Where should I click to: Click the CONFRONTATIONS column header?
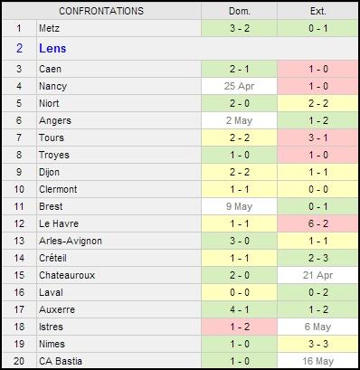100,11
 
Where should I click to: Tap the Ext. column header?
317,11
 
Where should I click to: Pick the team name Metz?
51,28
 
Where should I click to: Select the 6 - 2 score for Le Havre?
317,223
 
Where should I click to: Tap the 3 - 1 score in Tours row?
317,138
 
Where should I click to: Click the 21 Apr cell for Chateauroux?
317,275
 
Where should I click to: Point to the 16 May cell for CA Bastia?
317,361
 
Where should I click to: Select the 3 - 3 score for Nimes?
317,344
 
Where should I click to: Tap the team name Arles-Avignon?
71,241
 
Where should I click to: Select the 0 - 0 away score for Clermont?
317,189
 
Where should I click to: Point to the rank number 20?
19,361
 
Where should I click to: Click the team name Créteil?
55,258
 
